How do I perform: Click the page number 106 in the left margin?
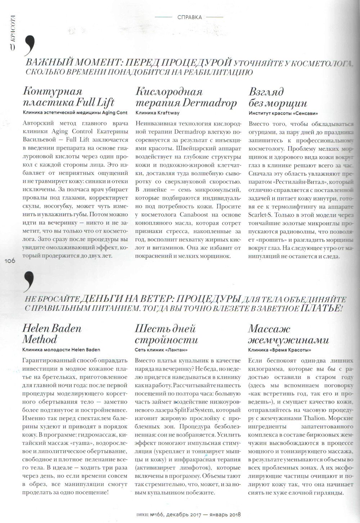click(10, 261)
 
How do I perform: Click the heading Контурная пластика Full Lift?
click(68, 97)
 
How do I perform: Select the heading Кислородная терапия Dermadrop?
click(186, 97)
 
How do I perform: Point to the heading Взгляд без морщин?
click(278, 97)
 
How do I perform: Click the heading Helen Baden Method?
click(52, 334)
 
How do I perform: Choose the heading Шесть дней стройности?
click(166, 334)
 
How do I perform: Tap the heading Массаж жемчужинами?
click(288, 334)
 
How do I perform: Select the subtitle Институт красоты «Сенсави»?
click(283, 113)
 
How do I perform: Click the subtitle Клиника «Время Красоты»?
click(279, 350)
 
